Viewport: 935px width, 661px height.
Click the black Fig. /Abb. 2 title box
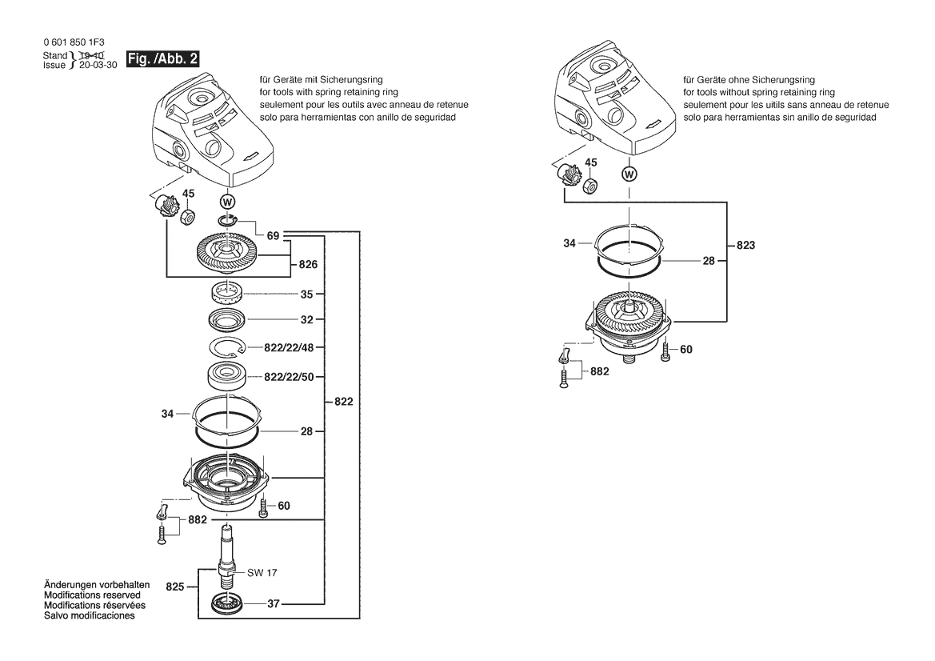pyautogui.click(x=162, y=59)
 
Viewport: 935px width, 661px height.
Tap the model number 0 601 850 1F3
pyautogui.click(x=74, y=42)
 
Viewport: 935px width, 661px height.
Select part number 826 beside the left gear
pyautogui.click(x=308, y=264)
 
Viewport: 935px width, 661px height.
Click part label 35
pyautogui.click(x=306, y=294)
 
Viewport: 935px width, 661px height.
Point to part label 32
pyautogui.click(x=306, y=320)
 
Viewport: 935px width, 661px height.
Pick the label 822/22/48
pyautogui.click(x=289, y=348)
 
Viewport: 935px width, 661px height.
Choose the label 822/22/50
pyautogui.click(x=289, y=377)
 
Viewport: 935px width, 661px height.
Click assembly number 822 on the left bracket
pyautogui.click(x=343, y=402)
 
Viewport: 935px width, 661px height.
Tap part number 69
pyautogui.click(x=273, y=235)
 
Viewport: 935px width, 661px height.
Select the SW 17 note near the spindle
pyautogui.click(x=262, y=573)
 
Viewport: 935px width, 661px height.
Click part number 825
pyautogui.click(x=174, y=587)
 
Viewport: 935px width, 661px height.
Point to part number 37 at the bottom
pyautogui.click(x=273, y=603)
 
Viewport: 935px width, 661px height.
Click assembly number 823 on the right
pyautogui.click(x=745, y=245)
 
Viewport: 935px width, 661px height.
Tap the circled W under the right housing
pyautogui.click(x=629, y=174)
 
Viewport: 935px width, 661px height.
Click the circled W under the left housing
pyautogui.click(x=228, y=201)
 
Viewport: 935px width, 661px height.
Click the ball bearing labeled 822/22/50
pyautogui.click(x=227, y=377)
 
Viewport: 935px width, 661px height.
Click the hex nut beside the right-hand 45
pyautogui.click(x=589, y=185)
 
